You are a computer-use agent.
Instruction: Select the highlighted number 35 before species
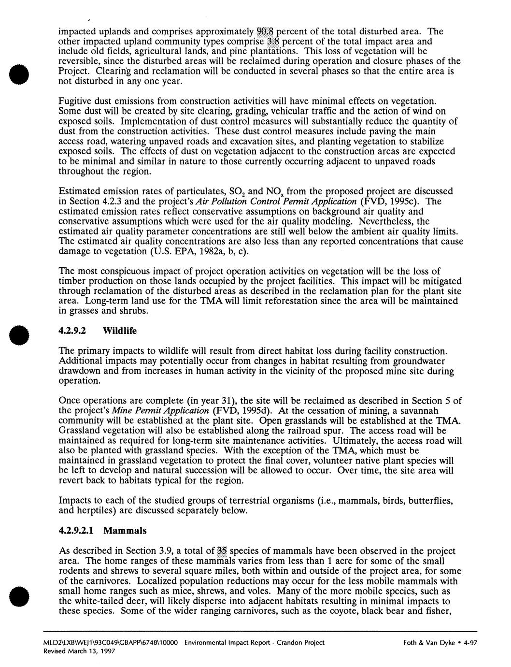[222, 551]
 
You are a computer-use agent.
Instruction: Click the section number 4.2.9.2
[73, 331]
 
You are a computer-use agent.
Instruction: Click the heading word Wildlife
[120, 331]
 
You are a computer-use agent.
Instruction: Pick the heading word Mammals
[125, 531]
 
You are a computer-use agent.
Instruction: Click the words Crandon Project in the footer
[303, 642]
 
